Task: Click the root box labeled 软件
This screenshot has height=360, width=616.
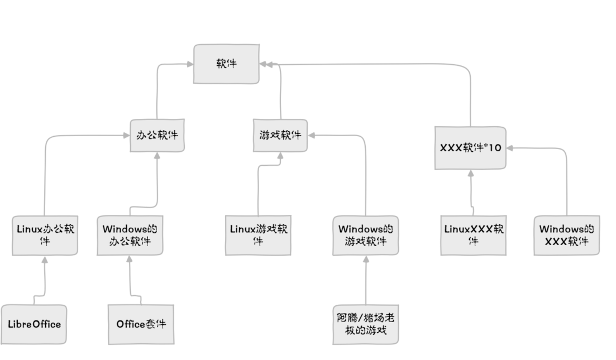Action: (x=226, y=64)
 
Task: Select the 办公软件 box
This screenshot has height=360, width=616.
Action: (x=157, y=135)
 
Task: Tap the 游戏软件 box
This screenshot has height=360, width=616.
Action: (x=280, y=135)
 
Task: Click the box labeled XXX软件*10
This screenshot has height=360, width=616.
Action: (x=470, y=148)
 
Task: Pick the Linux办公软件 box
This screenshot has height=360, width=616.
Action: (x=45, y=235)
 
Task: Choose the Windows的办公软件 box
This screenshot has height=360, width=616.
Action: (x=130, y=236)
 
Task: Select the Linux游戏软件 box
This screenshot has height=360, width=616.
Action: (x=258, y=235)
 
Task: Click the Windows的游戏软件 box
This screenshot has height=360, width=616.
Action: (x=365, y=236)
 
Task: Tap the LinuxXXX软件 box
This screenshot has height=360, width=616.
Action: (x=474, y=235)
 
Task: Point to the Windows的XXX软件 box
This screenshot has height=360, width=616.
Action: (x=566, y=235)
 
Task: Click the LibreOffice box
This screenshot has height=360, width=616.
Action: (x=34, y=324)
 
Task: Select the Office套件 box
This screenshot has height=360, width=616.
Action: (x=141, y=324)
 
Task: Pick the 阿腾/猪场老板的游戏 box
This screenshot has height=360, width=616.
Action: (x=366, y=324)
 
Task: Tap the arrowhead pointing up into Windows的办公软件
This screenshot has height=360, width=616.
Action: (x=130, y=260)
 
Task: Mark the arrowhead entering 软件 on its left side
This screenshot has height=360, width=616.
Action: (x=189, y=64)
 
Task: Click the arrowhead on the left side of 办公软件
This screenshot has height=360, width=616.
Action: (x=126, y=135)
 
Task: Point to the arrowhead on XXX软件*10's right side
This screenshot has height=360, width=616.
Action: (x=510, y=148)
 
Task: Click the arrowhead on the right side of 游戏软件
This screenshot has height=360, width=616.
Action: (x=312, y=135)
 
